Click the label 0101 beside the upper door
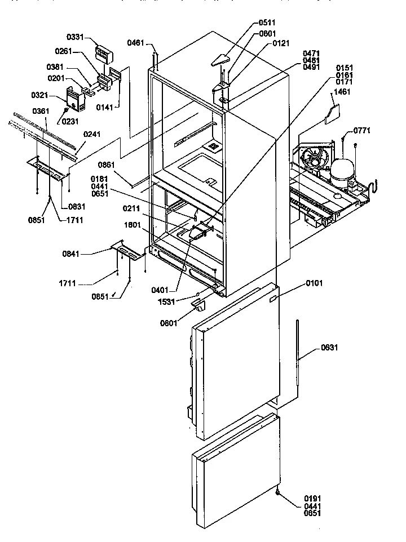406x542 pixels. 315,283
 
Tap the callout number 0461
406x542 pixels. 135,42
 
